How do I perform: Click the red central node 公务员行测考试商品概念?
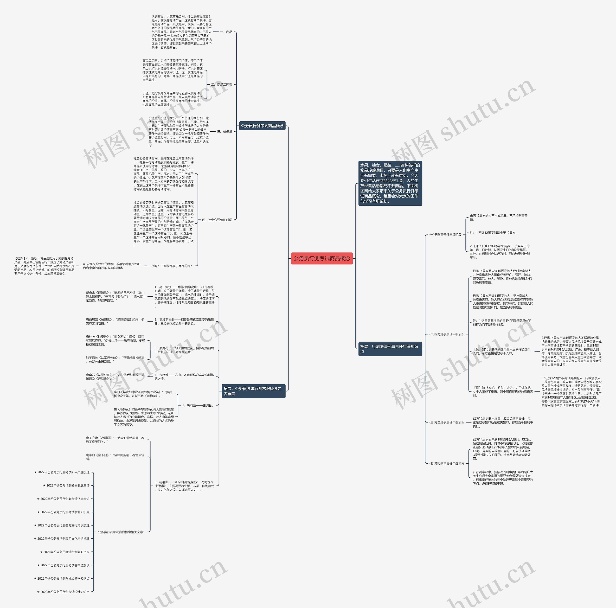[322, 258]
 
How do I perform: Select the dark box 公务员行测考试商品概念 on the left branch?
[262, 126]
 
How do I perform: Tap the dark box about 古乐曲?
[253, 391]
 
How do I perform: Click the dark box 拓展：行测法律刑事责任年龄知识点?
[390, 349]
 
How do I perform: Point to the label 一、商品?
[226, 32]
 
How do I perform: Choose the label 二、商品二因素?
[222, 85]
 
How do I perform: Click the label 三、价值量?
[225, 131]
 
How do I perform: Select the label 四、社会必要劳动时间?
[217, 220]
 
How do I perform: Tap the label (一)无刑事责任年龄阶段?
[445, 235]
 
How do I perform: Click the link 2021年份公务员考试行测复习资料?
[65, 552]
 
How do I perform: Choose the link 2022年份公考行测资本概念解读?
[66, 486]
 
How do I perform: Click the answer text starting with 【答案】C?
[44, 266]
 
